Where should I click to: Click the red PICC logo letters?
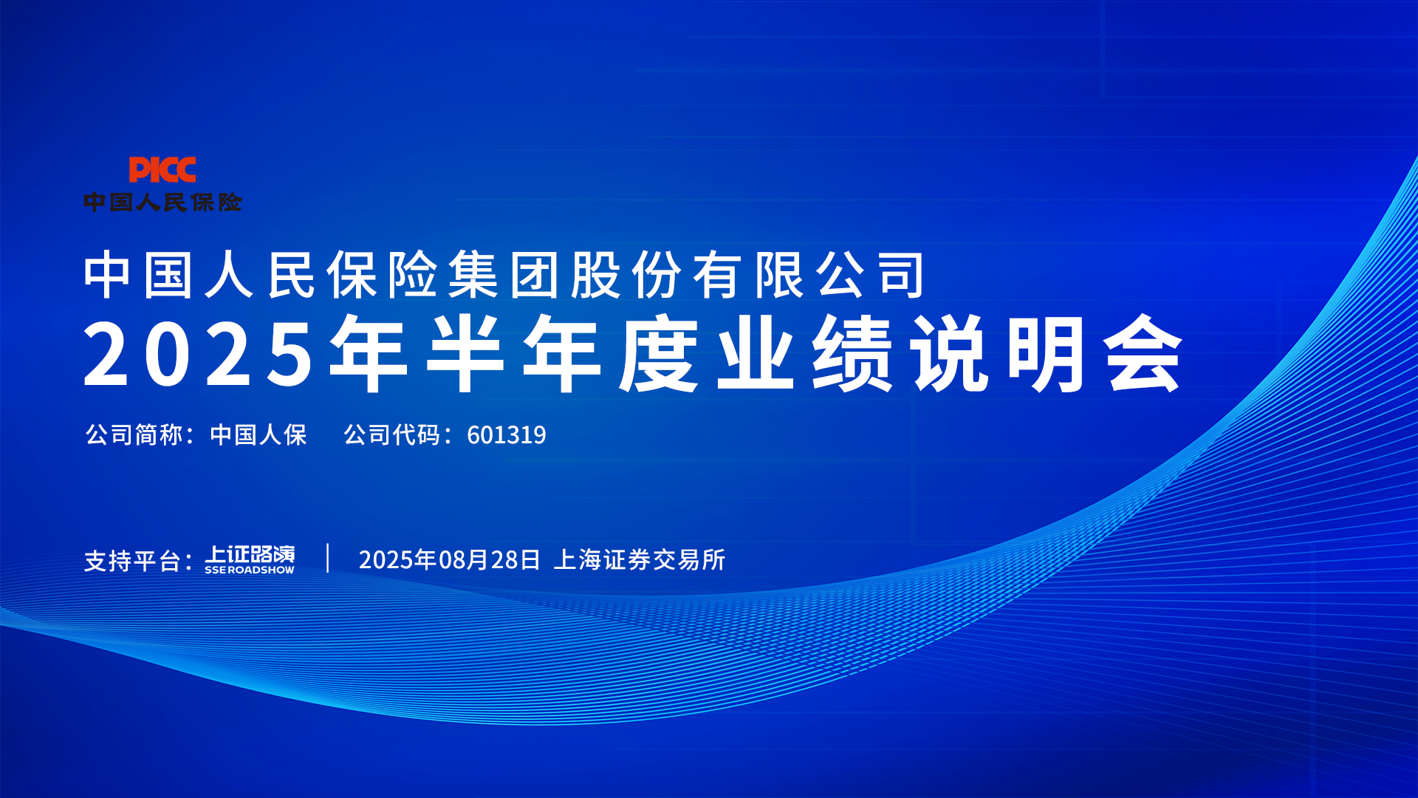(162, 169)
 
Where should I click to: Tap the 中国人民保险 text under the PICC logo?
(162, 202)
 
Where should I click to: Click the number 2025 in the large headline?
(199, 354)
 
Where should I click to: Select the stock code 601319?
(507, 435)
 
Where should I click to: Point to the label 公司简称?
(134, 434)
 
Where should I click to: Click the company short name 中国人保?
(258, 434)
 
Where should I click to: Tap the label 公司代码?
(392, 434)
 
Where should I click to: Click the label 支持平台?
(132, 561)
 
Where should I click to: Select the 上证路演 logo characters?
(250, 554)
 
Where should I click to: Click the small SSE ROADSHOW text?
(250, 570)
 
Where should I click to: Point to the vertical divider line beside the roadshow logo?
(328, 558)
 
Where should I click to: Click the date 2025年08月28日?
(450, 560)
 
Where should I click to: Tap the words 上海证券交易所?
(640, 560)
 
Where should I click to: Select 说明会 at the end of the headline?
(1047, 353)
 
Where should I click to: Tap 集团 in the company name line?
(503, 275)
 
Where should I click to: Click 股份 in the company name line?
(626, 275)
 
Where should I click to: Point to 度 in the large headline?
(659, 353)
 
